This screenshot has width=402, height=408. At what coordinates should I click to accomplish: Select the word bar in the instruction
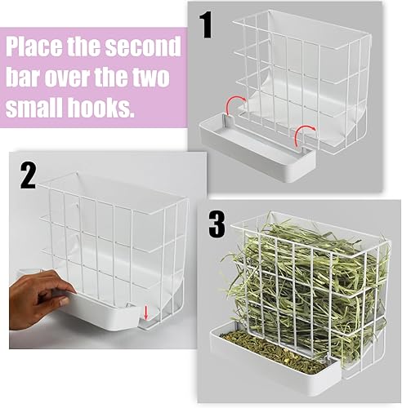click(25, 78)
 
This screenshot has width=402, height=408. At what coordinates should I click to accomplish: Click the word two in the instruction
click(154, 78)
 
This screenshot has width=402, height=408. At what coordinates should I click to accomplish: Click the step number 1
click(207, 26)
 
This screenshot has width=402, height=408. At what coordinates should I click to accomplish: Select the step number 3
click(217, 224)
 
